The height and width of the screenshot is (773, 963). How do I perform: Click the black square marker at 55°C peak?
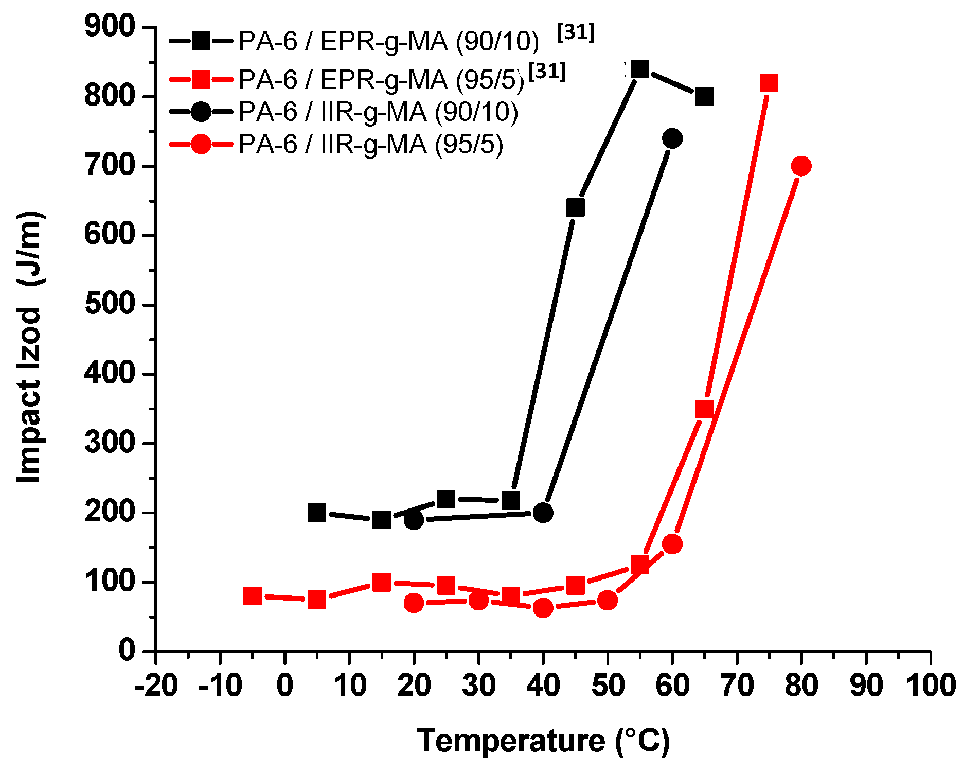[639, 68]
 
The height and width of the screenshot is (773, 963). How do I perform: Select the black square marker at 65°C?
[704, 96]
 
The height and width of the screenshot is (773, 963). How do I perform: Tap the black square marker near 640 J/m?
[575, 207]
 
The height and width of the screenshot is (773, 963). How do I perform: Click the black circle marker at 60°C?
[672, 138]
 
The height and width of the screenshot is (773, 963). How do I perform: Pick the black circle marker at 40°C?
[543, 513]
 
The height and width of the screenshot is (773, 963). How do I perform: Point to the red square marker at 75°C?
[769, 82]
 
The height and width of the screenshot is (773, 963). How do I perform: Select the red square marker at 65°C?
[704, 409]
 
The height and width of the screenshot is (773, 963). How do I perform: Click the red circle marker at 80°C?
[801, 166]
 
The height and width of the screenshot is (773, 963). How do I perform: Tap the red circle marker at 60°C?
[672, 544]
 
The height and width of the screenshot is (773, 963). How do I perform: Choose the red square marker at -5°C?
[252, 596]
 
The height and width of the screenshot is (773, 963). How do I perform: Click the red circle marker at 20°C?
[414, 603]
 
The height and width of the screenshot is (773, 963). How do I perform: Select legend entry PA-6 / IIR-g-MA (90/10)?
[378, 112]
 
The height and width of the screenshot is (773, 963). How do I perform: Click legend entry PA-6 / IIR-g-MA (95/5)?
[370, 144]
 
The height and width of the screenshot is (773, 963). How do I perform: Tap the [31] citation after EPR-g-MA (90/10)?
[576, 32]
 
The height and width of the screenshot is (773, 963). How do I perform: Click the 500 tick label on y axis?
[110, 304]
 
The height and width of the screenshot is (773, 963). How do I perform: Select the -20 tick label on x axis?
[156, 686]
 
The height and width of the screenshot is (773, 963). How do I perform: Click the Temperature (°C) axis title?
[543, 741]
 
